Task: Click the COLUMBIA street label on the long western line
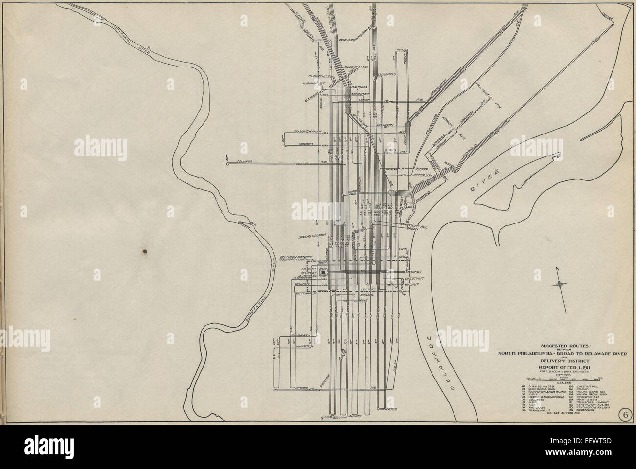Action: click(245, 160)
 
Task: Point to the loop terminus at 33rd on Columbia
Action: click(228, 165)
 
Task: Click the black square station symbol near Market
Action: click(322, 274)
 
